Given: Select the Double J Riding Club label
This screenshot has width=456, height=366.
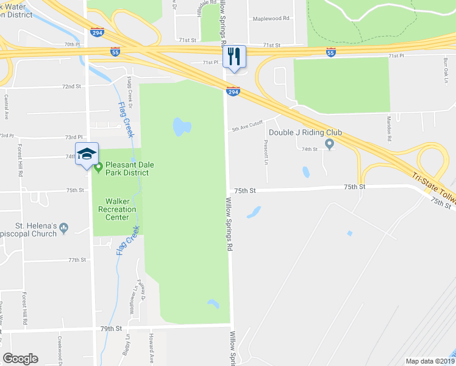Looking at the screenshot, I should [x=305, y=133].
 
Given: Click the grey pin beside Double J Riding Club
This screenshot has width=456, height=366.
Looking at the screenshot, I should [x=330, y=145].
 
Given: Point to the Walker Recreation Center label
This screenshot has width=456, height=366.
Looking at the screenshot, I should [x=117, y=209].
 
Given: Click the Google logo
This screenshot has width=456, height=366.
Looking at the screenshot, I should [x=21, y=359].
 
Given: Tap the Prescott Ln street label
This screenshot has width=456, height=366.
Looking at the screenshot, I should [x=266, y=152].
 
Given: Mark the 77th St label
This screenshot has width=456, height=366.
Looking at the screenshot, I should [x=77, y=260].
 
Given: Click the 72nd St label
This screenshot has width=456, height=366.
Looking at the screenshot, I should [x=71, y=87].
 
